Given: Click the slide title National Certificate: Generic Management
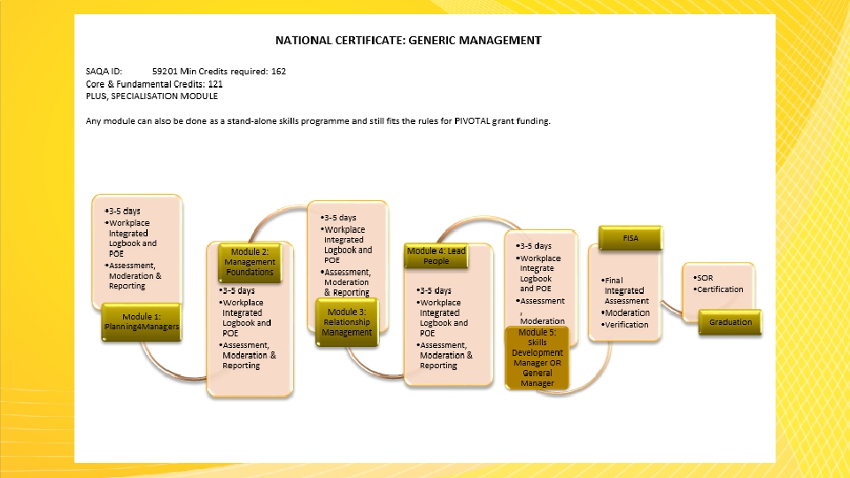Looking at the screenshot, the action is point(407,40).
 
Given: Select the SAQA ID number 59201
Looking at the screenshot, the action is point(165,71).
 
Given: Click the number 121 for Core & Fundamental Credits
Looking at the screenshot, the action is point(209,83).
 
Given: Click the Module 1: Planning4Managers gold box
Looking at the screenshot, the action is point(143,321).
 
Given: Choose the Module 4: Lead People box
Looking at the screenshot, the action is point(436,256).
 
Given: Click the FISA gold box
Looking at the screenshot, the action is point(631,238).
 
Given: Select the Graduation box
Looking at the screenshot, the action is point(730,322).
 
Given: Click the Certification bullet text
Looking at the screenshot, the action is point(719,289).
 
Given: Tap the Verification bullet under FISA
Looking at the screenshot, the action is point(626,325).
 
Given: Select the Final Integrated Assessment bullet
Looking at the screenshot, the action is point(626,290).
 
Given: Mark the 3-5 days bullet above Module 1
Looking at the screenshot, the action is point(124,211).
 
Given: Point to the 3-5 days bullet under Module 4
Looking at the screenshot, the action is point(435,290).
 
